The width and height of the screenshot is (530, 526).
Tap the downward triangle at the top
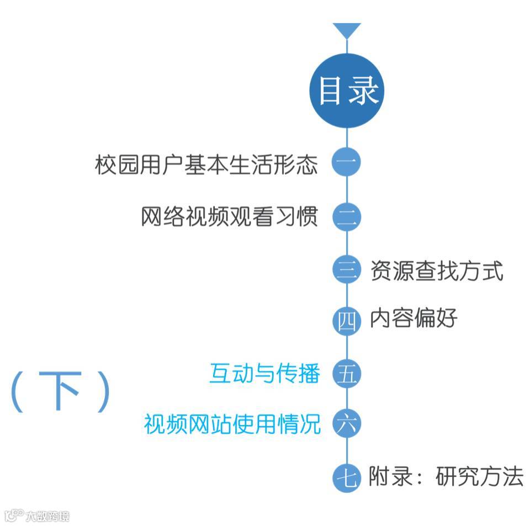click(347, 30)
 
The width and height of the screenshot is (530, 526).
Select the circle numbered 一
click(347, 163)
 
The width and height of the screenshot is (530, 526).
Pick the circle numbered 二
click(347, 217)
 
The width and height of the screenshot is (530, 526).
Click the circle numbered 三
click(347, 270)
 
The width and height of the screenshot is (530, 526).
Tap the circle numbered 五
click(347, 374)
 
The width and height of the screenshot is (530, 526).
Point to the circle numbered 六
click(347, 424)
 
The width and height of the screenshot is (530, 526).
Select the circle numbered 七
click(347, 477)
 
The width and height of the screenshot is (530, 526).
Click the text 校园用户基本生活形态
click(206, 164)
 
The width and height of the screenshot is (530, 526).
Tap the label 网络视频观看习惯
click(230, 217)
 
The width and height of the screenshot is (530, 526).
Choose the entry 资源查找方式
click(436, 271)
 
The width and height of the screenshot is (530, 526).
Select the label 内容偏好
click(414, 318)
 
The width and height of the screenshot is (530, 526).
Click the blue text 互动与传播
click(264, 374)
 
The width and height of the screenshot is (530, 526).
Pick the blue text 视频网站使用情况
click(232, 424)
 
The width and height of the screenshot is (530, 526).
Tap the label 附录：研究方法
click(446, 477)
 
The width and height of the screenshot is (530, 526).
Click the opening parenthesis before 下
click(18, 392)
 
